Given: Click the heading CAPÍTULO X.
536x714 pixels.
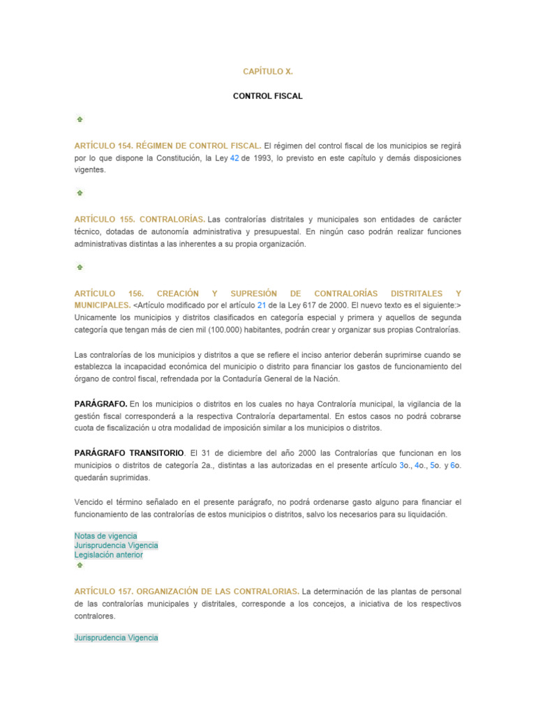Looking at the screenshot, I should (x=267, y=71).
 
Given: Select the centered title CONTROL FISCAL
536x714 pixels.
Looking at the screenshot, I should (x=267, y=96).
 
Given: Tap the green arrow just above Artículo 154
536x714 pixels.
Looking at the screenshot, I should (x=80, y=119).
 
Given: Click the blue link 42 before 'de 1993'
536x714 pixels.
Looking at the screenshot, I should (x=234, y=158).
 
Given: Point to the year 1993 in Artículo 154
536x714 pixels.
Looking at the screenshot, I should (x=262, y=158).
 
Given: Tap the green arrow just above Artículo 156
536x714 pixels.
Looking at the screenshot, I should (x=80, y=267).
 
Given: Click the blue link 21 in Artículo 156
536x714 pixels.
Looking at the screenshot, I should (x=262, y=305).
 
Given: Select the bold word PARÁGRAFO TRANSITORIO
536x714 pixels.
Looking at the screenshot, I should (x=130, y=453).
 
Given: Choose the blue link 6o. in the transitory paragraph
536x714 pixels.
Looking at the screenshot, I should (x=455, y=465).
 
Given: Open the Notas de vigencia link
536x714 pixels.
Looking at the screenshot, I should (x=105, y=535).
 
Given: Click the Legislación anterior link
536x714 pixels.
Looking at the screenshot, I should (x=108, y=555).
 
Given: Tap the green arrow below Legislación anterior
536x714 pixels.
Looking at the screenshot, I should (x=80, y=565).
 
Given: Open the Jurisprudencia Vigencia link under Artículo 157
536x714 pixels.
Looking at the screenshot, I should (x=116, y=637).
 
